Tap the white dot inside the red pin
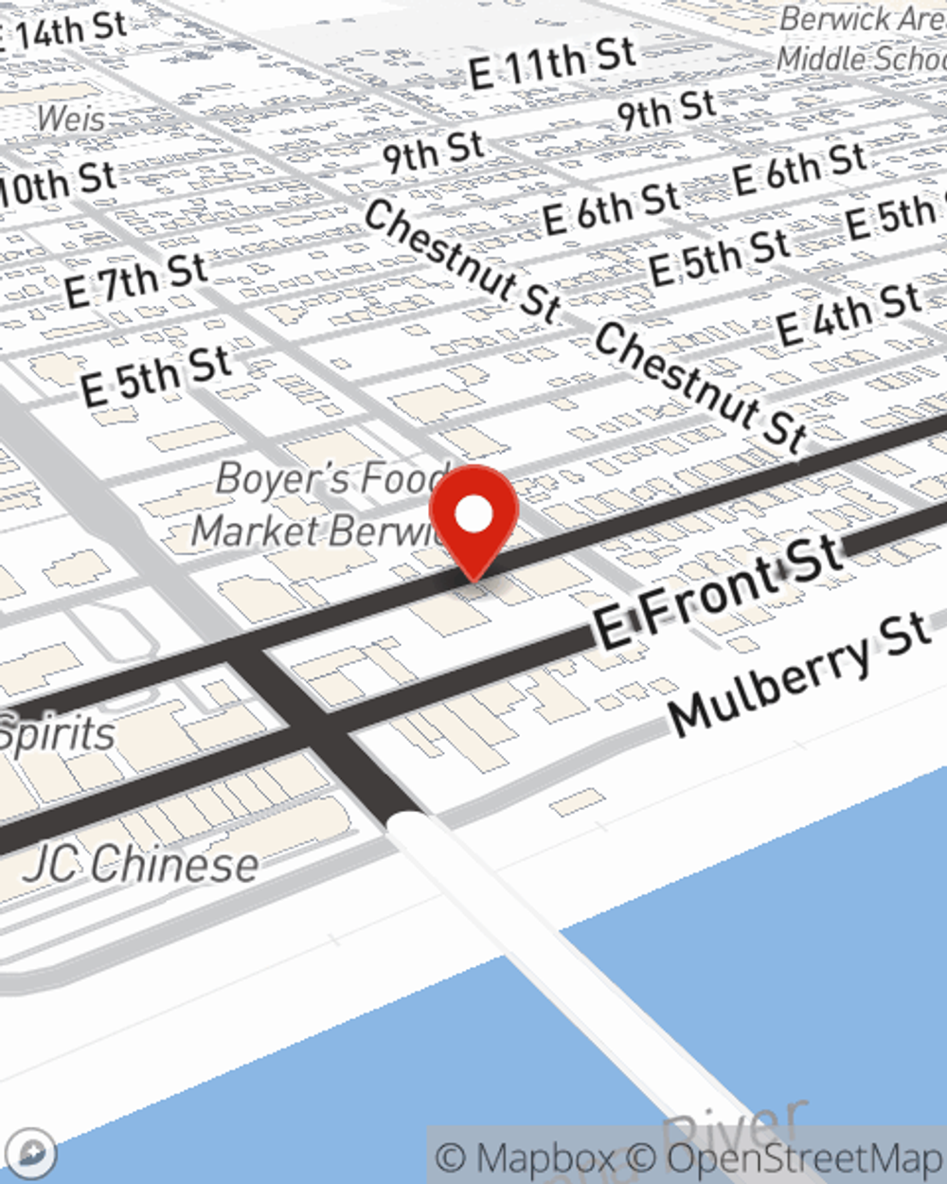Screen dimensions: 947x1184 (473, 514)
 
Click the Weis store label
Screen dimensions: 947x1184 (71, 120)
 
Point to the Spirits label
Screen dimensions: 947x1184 (57, 735)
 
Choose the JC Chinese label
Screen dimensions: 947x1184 (142, 864)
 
